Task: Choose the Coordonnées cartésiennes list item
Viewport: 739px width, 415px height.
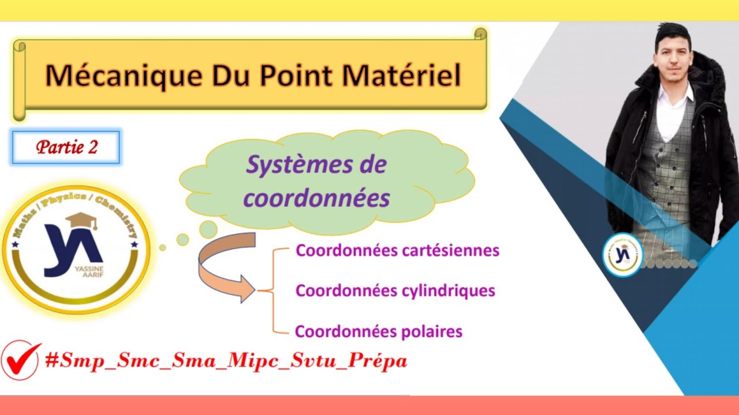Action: [x=397, y=251]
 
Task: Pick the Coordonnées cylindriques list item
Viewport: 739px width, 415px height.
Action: [x=395, y=290]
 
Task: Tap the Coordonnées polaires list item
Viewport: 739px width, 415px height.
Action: [x=379, y=331]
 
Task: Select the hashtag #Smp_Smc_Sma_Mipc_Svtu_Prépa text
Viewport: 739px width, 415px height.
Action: [x=226, y=361]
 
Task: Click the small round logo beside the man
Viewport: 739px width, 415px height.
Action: [x=622, y=254]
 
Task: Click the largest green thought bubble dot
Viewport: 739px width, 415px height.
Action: [x=208, y=229]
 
